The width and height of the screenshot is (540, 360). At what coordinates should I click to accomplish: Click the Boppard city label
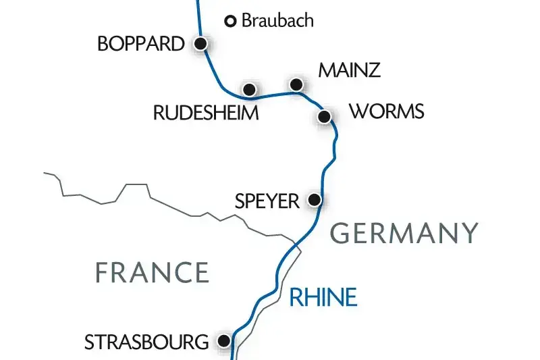pyautogui.click(x=140, y=45)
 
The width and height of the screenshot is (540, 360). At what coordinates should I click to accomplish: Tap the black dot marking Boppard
pyautogui.click(x=200, y=44)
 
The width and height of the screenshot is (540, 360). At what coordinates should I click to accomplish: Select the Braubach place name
pyautogui.click(x=277, y=20)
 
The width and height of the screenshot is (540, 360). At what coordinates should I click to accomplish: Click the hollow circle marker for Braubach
pyautogui.click(x=230, y=22)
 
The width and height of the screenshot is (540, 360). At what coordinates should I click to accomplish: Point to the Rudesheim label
pyautogui.click(x=206, y=113)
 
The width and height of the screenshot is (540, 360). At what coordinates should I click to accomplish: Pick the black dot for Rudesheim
pyautogui.click(x=249, y=89)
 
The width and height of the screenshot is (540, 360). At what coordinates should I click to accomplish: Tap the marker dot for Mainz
pyautogui.click(x=295, y=84)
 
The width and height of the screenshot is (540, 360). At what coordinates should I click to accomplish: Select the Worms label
pyautogui.click(x=387, y=111)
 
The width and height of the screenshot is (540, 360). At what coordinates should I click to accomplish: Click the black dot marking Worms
pyautogui.click(x=324, y=117)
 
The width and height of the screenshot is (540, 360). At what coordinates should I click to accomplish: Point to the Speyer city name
pyautogui.click(x=267, y=201)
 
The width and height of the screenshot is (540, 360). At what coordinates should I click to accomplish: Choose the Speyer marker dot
pyautogui.click(x=314, y=200)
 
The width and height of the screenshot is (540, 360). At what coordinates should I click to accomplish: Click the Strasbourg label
pyautogui.click(x=146, y=342)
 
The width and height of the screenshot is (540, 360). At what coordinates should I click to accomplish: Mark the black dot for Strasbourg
pyautogui.click(x=224, y=341)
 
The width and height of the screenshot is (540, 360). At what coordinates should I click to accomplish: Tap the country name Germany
pyautogui.click(x=405, y=234)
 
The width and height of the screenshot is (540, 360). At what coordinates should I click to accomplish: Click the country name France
pyautogui.click(x=152, y=272)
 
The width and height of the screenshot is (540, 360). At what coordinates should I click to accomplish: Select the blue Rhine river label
pyautogui.click(x=323, y=297)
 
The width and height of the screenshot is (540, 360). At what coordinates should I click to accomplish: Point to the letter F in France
pyautogui.click(x=102, y=272)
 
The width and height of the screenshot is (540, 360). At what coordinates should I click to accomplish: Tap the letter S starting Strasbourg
pyautogui.click(x=89, y=342)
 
